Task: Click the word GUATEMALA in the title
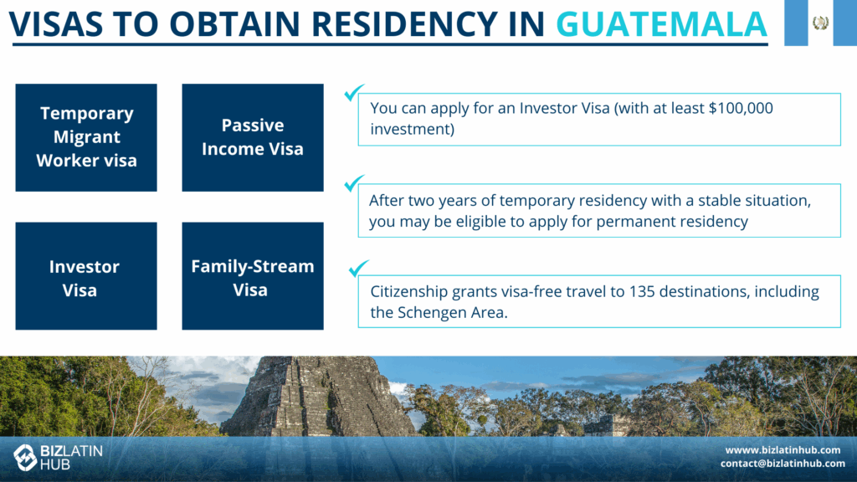(661, 23)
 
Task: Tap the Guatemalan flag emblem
(820, 23)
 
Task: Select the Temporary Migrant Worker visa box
(86, 138)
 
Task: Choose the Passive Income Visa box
(253, 138)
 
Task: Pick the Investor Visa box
(86, 276)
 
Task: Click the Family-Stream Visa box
(253, 276)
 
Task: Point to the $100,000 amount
(741, 108)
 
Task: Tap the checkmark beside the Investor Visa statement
(354, 92)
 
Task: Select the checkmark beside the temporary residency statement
(354, 183)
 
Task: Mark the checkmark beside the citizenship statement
(358, 269)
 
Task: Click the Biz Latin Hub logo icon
(24, 457)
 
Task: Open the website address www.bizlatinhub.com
(783, 449)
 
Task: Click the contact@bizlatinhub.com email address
(783, 464)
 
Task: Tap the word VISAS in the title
(56, 23)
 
